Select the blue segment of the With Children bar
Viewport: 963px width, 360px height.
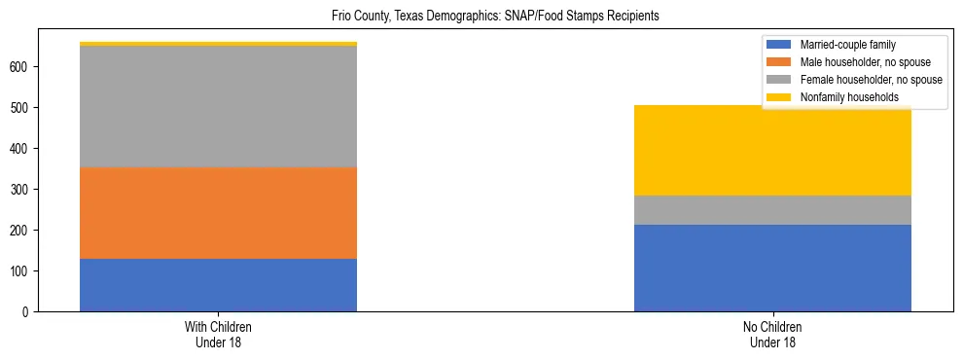[218, 285]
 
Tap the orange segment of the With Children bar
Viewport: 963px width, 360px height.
[218, 213]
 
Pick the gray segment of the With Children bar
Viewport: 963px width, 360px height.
[218, 107]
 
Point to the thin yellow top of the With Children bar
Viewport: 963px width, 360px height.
[218, 44]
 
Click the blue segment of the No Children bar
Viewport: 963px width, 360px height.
[772, 268]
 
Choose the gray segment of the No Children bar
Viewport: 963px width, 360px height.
[772, 210]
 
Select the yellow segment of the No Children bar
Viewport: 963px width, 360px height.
[772, 150]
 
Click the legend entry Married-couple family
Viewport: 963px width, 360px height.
[847, 45]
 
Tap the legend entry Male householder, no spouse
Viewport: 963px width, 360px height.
[861, 62]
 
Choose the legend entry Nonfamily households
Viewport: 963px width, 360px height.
[842, 97]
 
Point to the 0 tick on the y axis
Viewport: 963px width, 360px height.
[31, 312]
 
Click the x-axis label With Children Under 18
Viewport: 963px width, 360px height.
[218, 334]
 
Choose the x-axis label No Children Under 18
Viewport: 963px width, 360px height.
[772, 334]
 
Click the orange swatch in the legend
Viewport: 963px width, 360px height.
[779, 62]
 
